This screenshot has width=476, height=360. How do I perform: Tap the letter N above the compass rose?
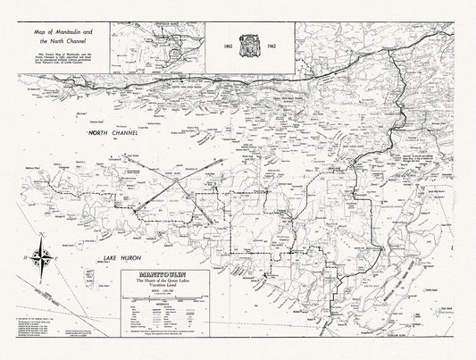(x=39, y=235)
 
